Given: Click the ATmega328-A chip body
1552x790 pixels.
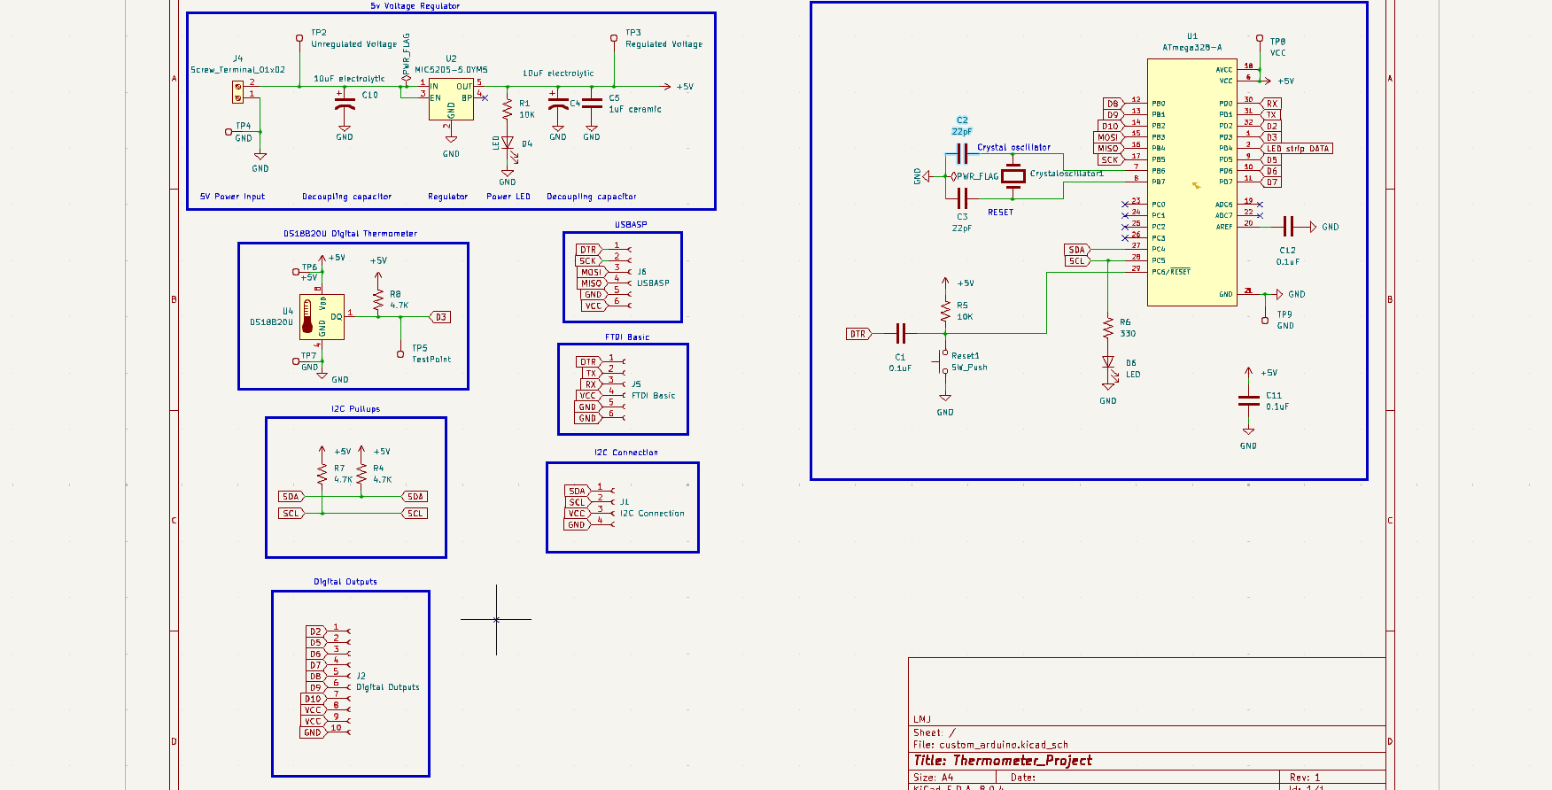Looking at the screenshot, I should click(x=1191, y=182).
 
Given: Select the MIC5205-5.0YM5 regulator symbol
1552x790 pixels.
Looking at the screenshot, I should click(x=451, y=99).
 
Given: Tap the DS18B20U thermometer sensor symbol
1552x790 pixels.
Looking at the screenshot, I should click(x=321, y=317).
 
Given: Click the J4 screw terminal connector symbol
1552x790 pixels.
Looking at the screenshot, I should click(x=237, y=91).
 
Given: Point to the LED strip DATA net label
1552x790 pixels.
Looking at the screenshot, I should click(x=1297, y=149).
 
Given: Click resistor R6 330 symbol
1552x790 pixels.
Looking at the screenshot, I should click(x=1108, y=328).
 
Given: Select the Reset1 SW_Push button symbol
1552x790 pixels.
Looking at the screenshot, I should click(x=943, y=362).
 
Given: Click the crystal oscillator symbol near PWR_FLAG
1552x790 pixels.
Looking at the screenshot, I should click(x=1013, y=176).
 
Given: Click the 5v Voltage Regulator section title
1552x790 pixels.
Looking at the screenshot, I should click(x=415, y=6).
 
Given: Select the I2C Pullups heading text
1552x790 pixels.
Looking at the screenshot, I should click(x=355, y=409).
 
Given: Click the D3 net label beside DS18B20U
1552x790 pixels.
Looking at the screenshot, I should click(x=440, y=317).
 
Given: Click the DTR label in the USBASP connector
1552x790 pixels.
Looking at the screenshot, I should click(x=588, y=250).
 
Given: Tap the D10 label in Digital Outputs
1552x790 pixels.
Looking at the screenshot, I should click(x=313, y=699).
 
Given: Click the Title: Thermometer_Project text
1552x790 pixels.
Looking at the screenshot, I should click(x=1002, y=761).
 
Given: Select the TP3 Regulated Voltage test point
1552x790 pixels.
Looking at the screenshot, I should click(x=614, y=38).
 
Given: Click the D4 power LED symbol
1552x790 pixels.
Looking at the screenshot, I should click(x=508, y=143).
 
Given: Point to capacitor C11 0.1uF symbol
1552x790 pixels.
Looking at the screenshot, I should click(x=1248, y=401).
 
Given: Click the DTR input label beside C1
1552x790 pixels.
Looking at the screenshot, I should click(x=857, y=334).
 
